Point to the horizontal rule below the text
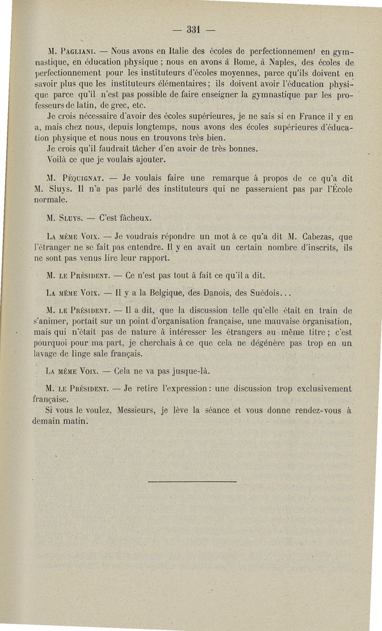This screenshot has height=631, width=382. point(192,481)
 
